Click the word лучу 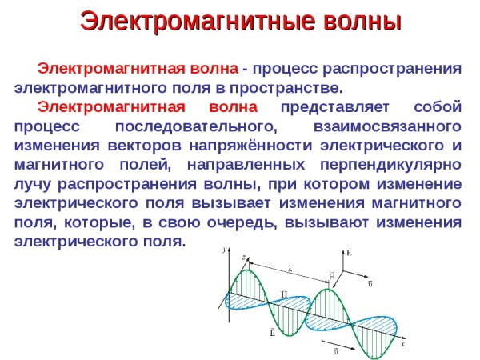click(x=31, y=185)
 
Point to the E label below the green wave click(x=273, y=330)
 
